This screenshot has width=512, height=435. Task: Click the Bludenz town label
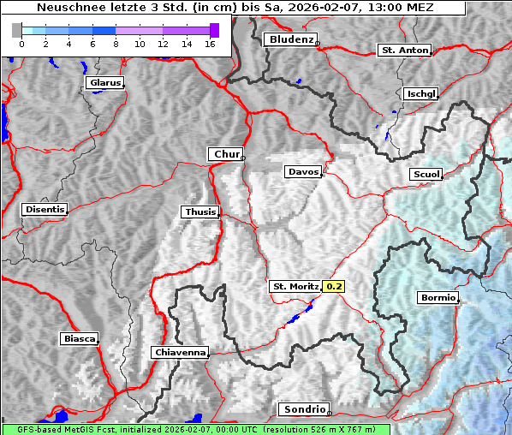coord(289,39)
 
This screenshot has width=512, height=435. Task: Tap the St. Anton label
coord(403,51)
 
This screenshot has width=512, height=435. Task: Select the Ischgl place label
coord(421,93)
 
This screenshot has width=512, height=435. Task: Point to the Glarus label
coord(104,83)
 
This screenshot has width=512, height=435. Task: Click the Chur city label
coord(226,154)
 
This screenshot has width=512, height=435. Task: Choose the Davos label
coord(303,172)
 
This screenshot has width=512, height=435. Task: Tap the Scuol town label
coord(426,174)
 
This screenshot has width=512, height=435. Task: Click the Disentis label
coord(44,209)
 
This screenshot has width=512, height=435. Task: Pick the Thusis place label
coord(200,212)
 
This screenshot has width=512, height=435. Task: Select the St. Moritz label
coord(295,286)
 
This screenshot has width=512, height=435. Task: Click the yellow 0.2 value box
coord(334,286)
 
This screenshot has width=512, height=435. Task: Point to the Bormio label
coord(438,298)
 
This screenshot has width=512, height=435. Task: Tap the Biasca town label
coord(80,338)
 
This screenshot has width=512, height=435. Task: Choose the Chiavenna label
coord(180,352)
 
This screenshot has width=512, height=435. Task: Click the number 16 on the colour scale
coord(210,43)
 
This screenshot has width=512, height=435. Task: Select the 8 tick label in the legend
coord(116,43)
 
